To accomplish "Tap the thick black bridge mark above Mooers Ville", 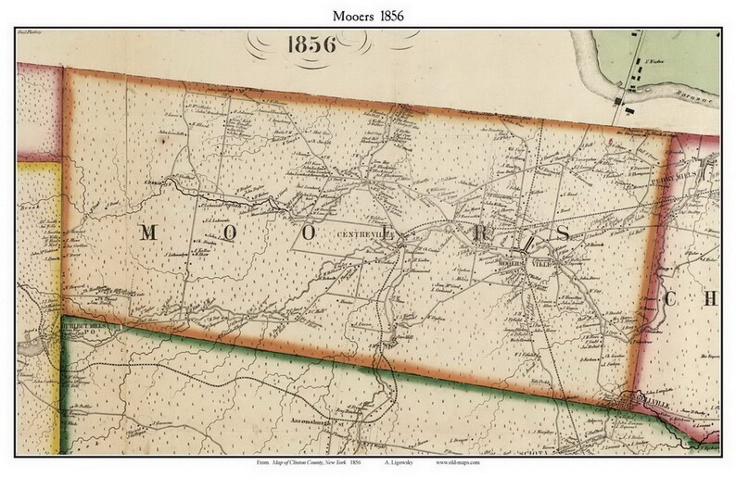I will tap(526, 245).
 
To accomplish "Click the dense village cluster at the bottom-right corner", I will tap(642, 402).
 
